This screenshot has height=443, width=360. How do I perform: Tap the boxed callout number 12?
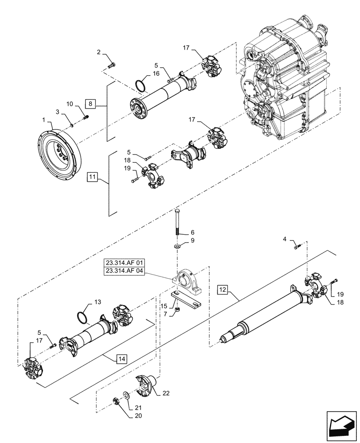click(x=223, y=290)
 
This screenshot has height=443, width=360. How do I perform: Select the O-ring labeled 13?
click(x=81, y=317)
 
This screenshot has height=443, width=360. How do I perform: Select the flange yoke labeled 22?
click(x=146, y=385)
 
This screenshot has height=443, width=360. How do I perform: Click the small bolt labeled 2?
click(x=111, y=66)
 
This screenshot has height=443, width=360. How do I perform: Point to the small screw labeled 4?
click(x=297, y=247)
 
